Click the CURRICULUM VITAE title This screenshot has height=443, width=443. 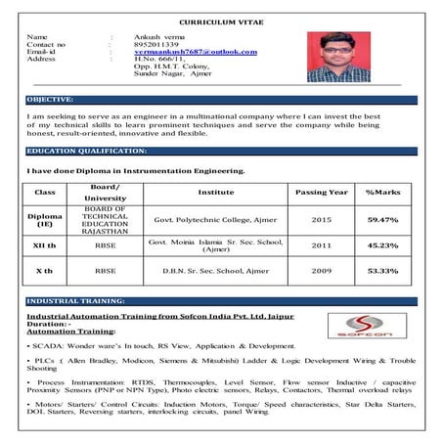click(x=220, y=21)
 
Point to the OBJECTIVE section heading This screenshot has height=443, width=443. click(x=51, y=100)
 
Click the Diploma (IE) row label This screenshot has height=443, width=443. click(x=45, y=220)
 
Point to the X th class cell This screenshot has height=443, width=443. click(x=45, y=270)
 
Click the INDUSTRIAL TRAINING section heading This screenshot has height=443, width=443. click(x=69, y=301)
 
